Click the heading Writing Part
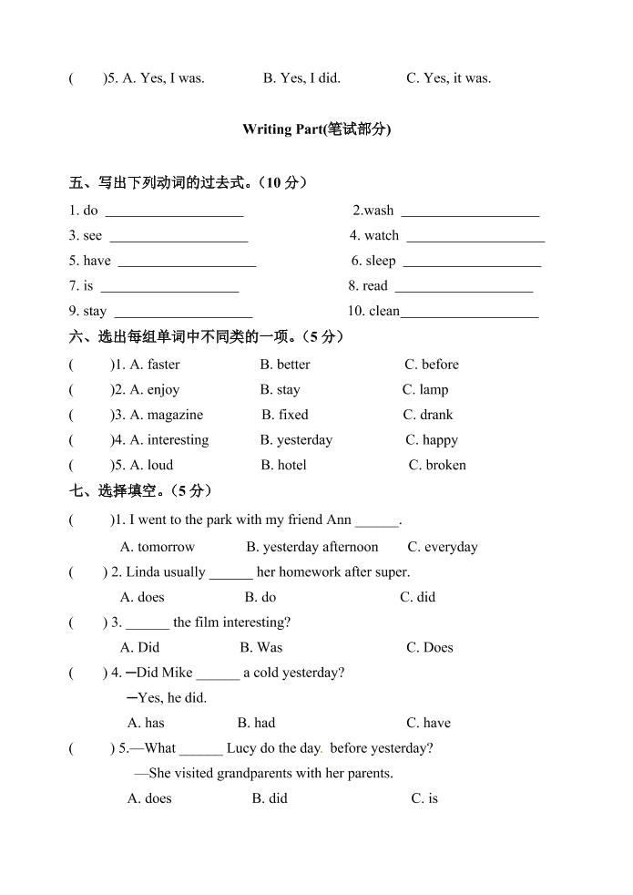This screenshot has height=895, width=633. click(316, 129)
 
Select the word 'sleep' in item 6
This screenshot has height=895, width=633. click(381, 261)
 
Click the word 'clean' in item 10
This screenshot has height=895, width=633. click(384, 311)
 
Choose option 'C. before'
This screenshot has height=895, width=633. click(432, 365)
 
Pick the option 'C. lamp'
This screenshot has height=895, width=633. click(425, 390)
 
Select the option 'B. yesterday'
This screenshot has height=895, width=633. click(296, 440)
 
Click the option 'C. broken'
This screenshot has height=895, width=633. click(437, 465)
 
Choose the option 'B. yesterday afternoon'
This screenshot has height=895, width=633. click(311, 547)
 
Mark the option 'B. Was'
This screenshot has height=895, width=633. click(261, 647)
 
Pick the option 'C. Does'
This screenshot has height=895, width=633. click(430, 647)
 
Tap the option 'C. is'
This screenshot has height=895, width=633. click(424, 798)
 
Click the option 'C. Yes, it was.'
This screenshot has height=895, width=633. click(449, 78)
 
